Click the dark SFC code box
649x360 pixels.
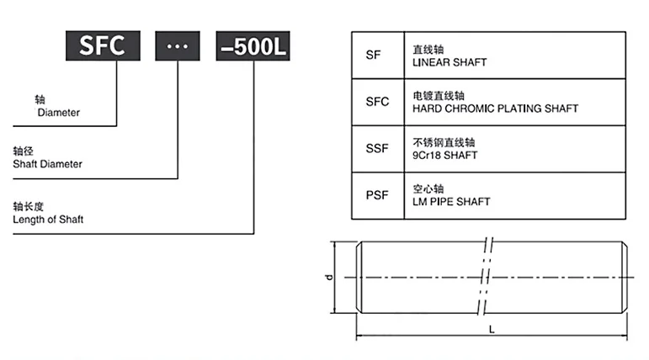coord(103,45)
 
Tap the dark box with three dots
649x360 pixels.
coord(178,46)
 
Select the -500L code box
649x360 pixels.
coord(253,46)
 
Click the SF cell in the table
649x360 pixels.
coord(378,55)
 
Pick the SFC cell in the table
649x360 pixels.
coord(378,102)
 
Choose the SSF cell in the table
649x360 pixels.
coord(378,149)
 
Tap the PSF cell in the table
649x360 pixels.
coord(378,195)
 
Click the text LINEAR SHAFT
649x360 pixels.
coord(450,62)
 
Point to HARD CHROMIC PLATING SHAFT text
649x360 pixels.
coord(496,109)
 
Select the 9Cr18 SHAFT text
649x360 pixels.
coord(445,156)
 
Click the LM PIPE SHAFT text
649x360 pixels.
coord(451,202)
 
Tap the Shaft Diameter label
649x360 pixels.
coord(48,164)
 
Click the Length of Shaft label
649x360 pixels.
coord(48,220)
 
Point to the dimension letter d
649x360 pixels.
coord(329,278)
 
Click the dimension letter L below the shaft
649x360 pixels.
coord(492,330)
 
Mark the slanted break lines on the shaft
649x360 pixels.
coord(485,277)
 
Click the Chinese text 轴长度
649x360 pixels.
coord(28,206)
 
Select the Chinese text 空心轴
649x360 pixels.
coord(428,189)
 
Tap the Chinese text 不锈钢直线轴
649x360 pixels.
coord(444,143)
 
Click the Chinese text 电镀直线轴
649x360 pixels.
coord(439,96)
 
